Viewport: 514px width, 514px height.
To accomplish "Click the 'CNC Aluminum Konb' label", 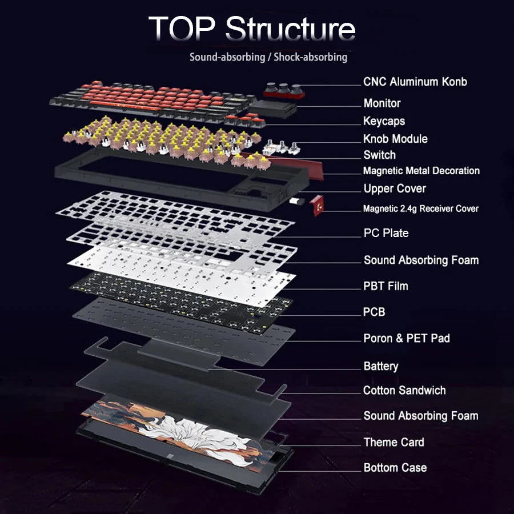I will coord(415,82).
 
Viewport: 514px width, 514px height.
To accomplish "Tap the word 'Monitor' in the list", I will coord(382,103).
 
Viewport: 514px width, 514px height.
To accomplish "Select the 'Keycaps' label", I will coord(384,121).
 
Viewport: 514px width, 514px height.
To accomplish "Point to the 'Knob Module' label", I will coord(395,139).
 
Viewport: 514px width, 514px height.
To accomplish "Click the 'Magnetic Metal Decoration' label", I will coord(421,171).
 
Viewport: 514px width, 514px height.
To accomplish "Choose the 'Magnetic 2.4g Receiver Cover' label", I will coord(420,209).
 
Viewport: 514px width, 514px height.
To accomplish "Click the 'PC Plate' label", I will coord(385,233).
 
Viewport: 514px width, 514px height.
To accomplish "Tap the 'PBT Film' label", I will coord(385,286).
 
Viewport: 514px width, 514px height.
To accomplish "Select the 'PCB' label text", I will coord(374,312).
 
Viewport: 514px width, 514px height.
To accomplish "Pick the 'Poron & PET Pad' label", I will coord(406,338).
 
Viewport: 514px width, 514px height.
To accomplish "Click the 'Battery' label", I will coord(380,366).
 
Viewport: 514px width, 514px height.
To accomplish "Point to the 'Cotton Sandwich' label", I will coord(404,391).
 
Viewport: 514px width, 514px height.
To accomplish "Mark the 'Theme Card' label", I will coord(393,442).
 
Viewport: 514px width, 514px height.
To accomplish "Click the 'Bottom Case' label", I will coord(395,468).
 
